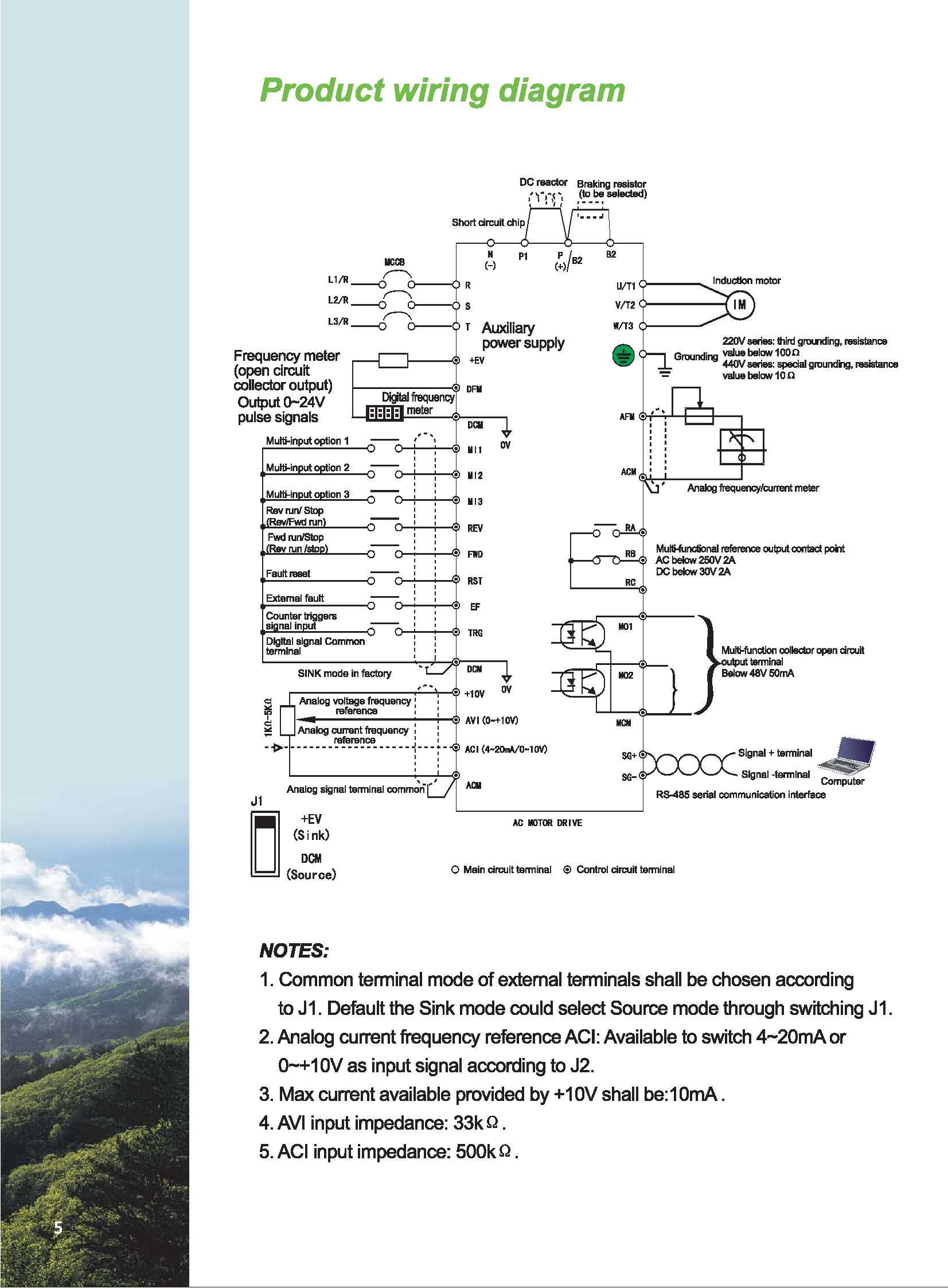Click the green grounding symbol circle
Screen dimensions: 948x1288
click(623, 355)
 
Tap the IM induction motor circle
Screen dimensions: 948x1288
click(740, 305)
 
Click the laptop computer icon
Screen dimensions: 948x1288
click(847, 756)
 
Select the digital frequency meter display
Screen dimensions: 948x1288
click(384, 413)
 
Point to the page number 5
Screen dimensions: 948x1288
click(58, 1228)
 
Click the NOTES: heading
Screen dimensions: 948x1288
click(294, 951)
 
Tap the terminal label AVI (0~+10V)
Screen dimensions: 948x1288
click(491, 721)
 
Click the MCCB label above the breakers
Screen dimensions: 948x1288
click(394, 262)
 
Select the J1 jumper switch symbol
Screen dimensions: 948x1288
click(264, 843)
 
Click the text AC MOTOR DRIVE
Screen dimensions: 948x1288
click(547, 823)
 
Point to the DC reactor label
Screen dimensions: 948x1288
click(543, 182)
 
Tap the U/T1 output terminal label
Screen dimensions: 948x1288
click(626, 286)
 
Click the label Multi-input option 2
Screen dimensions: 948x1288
click(307, 468)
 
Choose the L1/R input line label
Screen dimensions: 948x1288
click(338, 279)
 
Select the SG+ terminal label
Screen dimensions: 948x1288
click(629, 756)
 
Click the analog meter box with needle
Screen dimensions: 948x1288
click(742, 446)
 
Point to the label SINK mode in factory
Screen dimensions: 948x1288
click(344, 674)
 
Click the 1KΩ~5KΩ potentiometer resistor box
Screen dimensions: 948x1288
click(287, 721)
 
